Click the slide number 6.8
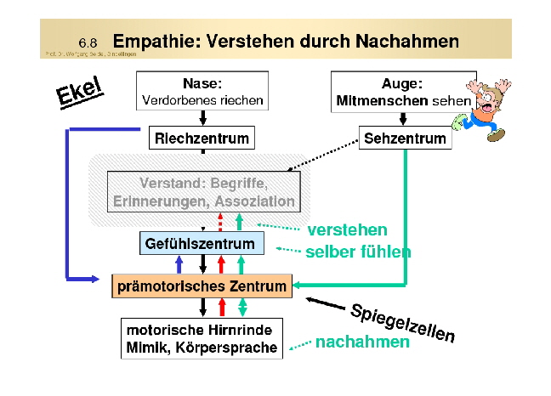pyautogui.click(x=88, y=42)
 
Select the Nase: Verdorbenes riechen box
pyautogui.click(x=202, y=92)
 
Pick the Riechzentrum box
pyautogui.click(x=202, y=138)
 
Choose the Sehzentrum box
pyautogui.click(x=405, y=138)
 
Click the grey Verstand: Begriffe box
pyautogui.click(x=202, y=191)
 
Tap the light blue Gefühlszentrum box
pyautogui.click(x=202, y=244)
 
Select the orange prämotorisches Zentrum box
pyautogui.click(x=202, y=286)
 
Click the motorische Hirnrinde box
pyautogui.click(x=202, y=337)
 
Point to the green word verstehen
pyautogui.click(x=347, y=230)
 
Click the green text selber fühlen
pyautogui.click(x=358, y=252)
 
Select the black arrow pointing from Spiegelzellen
pyautogui.click(x=323, y=303)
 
